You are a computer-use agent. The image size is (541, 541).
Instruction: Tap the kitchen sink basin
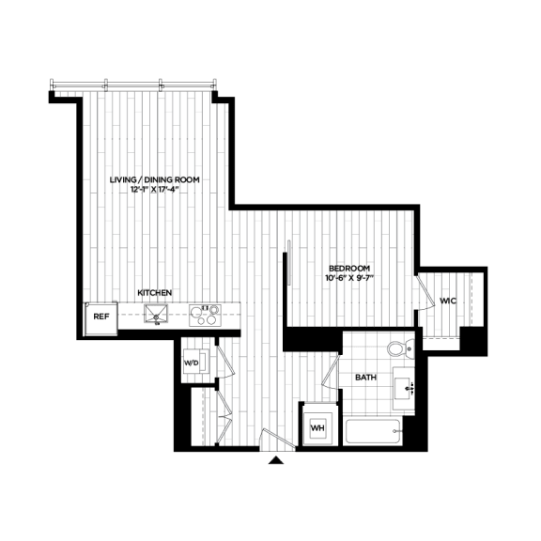click(156, 314)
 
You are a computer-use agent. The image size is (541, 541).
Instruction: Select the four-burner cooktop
click(205, 316)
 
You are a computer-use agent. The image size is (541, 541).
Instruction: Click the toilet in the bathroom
click(401, 348)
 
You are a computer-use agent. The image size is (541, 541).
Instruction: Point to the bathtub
click(374, 431)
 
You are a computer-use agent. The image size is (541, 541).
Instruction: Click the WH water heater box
click(317, 428)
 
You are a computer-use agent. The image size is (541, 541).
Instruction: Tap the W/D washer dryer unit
click(195, 362)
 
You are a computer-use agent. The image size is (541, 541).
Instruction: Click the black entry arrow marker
click(276, 460)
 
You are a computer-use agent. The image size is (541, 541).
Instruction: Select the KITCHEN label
click(155, 293)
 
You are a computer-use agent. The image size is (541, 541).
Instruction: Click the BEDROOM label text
click(349, 268)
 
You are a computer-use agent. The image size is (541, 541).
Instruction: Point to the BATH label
click(365, 378)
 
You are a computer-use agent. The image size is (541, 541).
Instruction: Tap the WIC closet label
click(448, 301)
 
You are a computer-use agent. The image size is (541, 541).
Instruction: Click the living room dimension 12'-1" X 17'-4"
click(155, 189)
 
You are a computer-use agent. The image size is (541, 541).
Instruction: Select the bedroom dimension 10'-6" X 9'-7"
click(349, 277)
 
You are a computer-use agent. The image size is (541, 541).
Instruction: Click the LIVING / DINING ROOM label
click(155, 179)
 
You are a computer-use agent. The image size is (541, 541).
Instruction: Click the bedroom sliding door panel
click(289, 262)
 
